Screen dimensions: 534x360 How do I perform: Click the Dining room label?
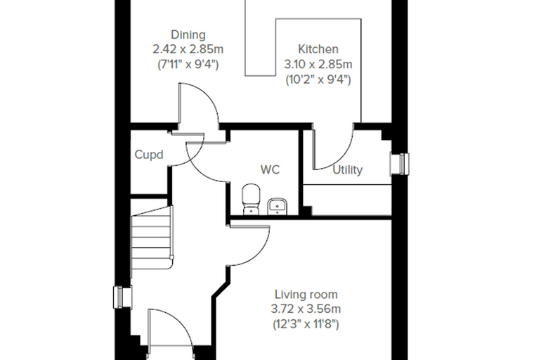(x=188, y=34)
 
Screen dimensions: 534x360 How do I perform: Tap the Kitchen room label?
(x=318, y=49)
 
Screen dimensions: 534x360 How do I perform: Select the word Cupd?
(x=149, y=155)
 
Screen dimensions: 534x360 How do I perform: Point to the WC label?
(x=270, y=169)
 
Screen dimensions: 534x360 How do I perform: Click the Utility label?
(x=347, y=169)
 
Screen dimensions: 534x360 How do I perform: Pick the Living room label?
(x=306, y=294)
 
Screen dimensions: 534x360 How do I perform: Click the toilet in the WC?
(x=252, y=200)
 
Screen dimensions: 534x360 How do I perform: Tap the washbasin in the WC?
(x=278, y=207)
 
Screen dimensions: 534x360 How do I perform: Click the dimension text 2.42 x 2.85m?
(x=188, y=49)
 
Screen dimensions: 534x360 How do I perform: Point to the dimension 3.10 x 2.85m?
(x=318, y=64)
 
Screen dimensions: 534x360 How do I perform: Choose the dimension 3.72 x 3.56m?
(x=306, y=309)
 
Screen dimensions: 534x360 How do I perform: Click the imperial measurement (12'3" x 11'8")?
(x=306, y=324)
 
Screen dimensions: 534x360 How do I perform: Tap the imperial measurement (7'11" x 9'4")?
(x=188, y=64)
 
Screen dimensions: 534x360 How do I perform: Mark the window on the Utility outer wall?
(x=400, y=165)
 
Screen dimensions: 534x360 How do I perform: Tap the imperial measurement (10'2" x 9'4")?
(x=318, y=79)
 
